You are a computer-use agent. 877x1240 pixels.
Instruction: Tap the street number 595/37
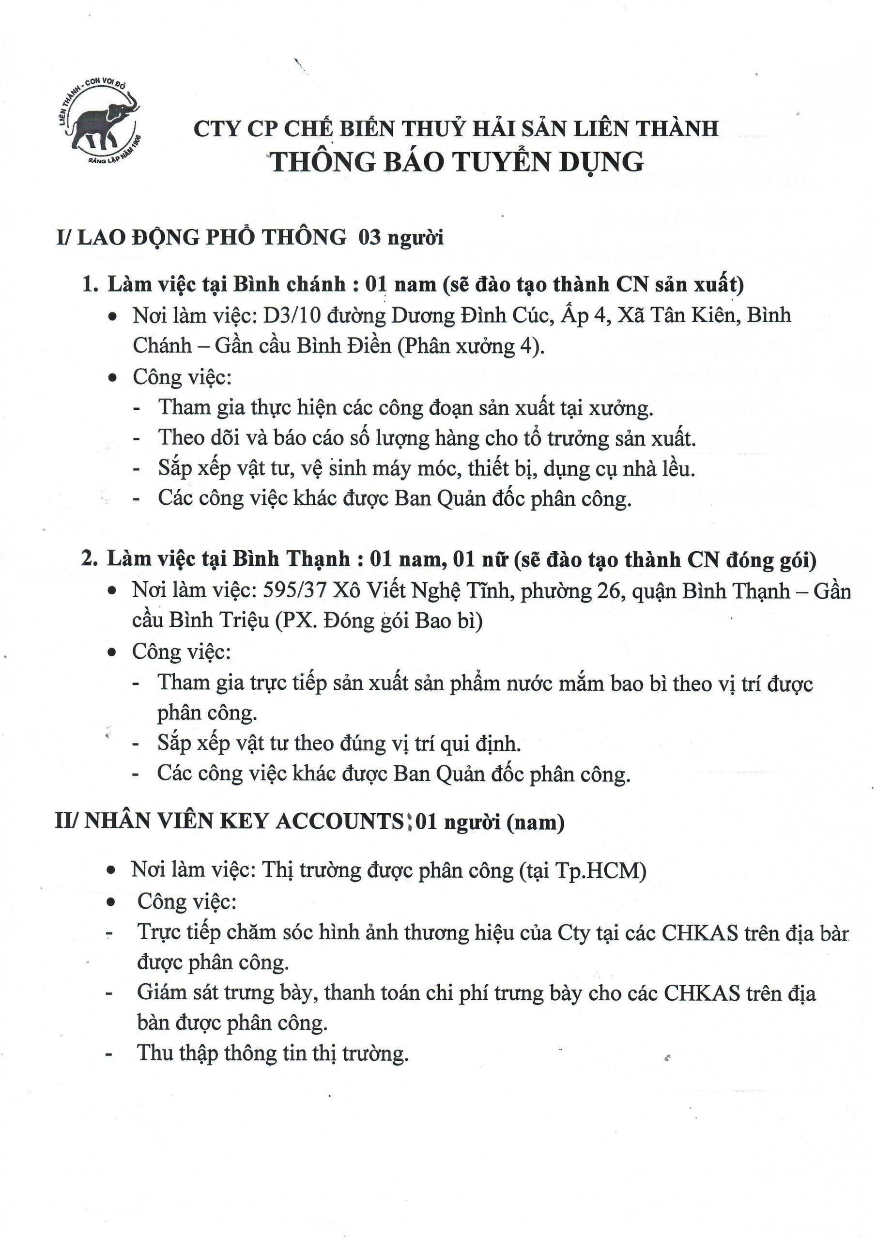tap(295, 591)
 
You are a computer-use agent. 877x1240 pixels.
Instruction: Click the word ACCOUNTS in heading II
tap(339, 821)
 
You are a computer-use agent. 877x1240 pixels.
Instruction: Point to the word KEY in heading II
tap(245, 821)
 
